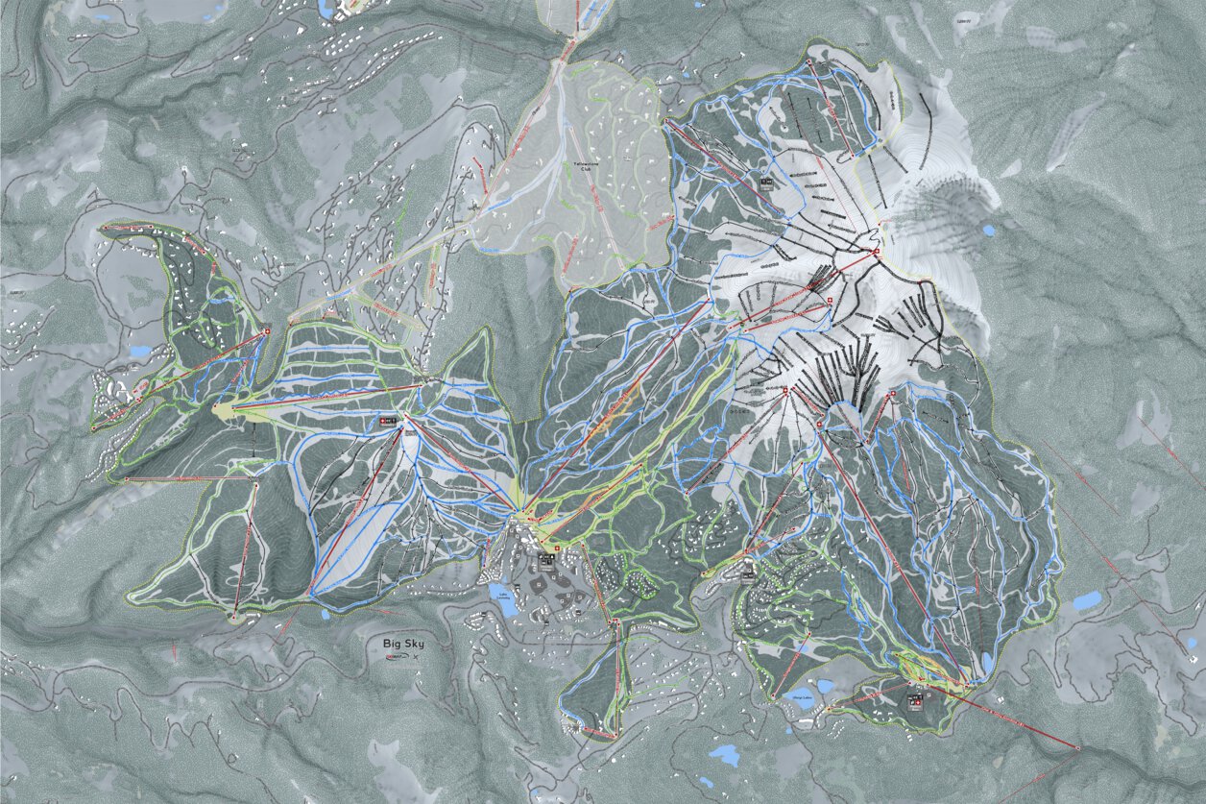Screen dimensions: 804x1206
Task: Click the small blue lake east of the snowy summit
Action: pyautogui.click(x=988, y=231)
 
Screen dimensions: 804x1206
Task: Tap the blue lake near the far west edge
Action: pyautogui.click(x=139, y=352)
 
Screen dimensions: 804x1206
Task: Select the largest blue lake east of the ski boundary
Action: pyautogui.click(x=1087, y=601)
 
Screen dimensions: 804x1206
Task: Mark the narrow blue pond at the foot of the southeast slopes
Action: pyautogui.click(x=988, y=664)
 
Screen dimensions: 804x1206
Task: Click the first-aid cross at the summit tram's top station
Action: pyautogui.click(x=876, y=253)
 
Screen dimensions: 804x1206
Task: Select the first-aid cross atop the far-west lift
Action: pyautogui.click(x=267, y=331)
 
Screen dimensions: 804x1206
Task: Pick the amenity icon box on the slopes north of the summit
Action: pyautogui.click(x=766, y=180)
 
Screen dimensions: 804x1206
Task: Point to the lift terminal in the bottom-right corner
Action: pyautogui.click(x=1077, y=747)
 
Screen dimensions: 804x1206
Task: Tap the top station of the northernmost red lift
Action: pyautogui.click(x=809, y=62)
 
